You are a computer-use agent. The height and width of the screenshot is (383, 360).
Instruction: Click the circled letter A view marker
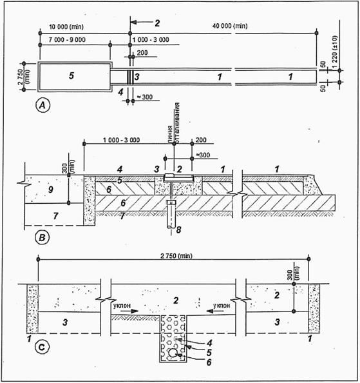(x=43, y=106)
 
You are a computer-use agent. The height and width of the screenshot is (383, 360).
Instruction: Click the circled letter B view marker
(x=43, y=238)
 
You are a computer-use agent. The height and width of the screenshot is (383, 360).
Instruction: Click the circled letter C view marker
(x=43, y=347)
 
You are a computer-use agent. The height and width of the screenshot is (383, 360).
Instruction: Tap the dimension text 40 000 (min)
(x=230, y=26)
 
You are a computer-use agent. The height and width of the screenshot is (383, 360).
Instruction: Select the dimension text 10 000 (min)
(x=66, y=26)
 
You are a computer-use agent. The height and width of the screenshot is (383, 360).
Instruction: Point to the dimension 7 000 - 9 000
(x=67, y=39)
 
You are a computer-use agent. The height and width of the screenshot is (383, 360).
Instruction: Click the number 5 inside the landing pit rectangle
(x=71, y=75)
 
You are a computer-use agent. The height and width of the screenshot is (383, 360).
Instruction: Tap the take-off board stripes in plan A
(x=130, y=77)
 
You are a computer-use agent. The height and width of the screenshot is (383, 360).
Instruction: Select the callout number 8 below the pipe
(x=179, y=230)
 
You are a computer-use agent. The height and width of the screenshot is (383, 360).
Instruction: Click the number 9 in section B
(x=50, y=190)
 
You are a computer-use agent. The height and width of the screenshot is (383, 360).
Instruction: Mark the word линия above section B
(x=170, y=134)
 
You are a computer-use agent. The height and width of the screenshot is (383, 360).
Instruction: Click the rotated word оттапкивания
(x=177, y=123)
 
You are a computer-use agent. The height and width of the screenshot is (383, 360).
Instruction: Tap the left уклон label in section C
(x=122, y=306)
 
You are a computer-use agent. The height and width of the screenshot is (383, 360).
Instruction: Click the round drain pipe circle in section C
(x=173, y=353)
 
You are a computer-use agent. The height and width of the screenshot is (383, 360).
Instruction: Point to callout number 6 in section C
(x=209, y=362)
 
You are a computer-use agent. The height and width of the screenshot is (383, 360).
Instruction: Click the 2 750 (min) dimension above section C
(x=176, y=256)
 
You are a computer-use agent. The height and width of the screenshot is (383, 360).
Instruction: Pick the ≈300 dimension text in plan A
(x=145, y=97)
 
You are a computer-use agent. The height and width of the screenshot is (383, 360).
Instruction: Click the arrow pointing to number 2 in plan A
(x=141, y=23)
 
